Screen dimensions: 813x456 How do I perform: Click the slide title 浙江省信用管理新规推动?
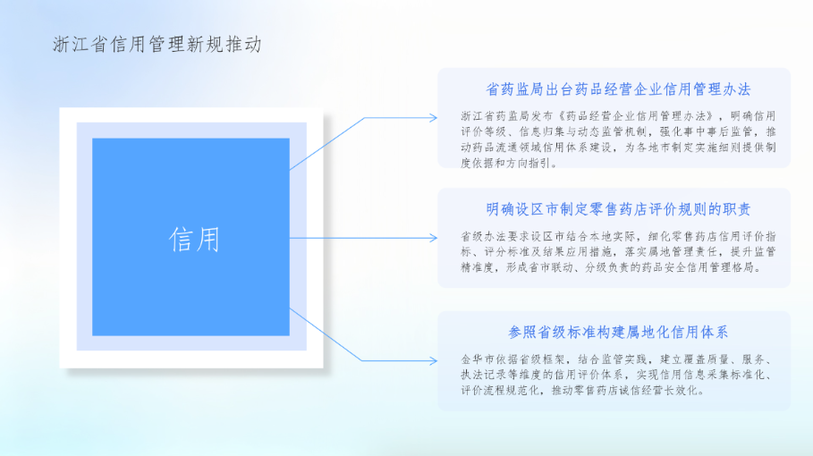coord(157,45)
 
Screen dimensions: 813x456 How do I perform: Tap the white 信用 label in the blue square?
coord(194,240)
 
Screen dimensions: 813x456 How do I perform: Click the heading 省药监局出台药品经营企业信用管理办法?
coord(618,89)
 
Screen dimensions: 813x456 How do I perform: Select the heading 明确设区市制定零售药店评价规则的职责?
coord(618,209)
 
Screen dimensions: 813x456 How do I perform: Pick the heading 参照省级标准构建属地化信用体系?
coord(618,332)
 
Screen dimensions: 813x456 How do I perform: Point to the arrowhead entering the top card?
coord(434,118)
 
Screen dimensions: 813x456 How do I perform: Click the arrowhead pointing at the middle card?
coord(434,238)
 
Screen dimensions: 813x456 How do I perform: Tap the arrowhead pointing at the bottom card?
coord(434,360)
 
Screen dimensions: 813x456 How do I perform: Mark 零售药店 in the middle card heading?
coord(618,209)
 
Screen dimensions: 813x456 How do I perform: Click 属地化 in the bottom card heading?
coord(648,332)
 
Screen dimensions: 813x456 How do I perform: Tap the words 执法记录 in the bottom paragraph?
coord(484,375)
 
